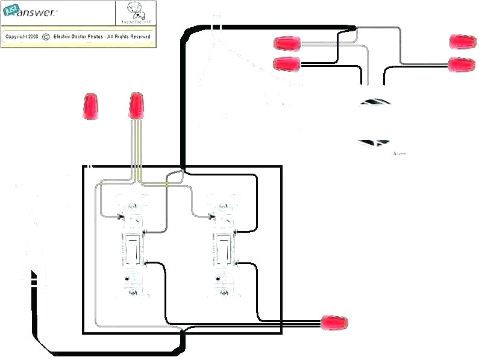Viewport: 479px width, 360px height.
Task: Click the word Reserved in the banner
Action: tap(139, 37)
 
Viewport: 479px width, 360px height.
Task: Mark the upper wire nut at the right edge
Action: tap(462, 42)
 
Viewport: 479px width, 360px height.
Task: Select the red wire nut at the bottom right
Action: tap(336, 324)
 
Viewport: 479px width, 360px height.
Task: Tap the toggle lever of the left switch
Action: tap(131, 248)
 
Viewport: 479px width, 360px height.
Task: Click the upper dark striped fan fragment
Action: tap(375, 101)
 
